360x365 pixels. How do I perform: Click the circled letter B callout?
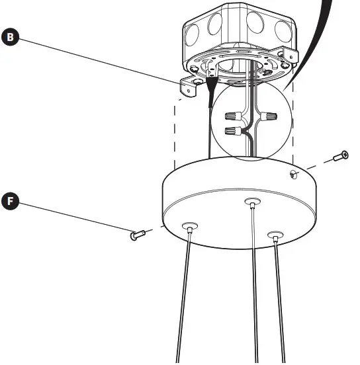pos(10,37)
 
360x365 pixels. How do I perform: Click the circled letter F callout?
pos(10,200)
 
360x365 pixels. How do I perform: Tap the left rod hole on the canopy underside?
pos(190,227)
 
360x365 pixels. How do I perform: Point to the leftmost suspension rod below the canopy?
pos(183,298)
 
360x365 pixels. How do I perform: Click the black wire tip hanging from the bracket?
pos(212,88)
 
